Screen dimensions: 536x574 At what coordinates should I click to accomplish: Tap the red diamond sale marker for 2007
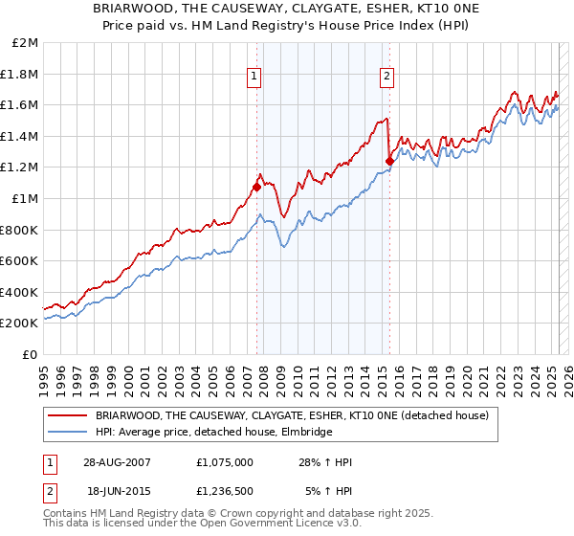pos(256,188)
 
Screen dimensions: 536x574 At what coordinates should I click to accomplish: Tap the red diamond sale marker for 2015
pos(389,162)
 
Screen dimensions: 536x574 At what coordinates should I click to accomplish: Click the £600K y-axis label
pos(20,260)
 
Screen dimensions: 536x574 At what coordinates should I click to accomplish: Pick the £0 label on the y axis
pos(31,354)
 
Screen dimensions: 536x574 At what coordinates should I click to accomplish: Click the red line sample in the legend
pos(66,415)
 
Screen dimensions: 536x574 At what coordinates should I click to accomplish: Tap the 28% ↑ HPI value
pos(326,462)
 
